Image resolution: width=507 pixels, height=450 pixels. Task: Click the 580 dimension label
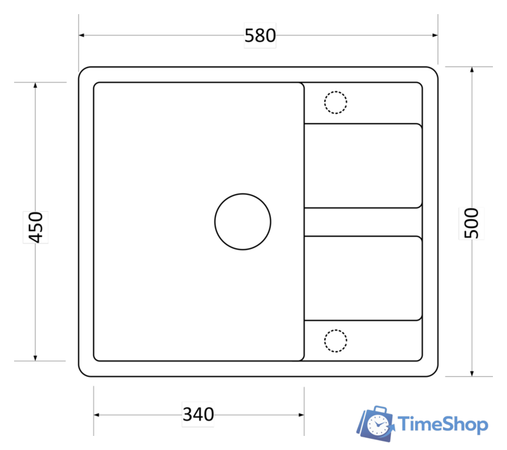[260, 36]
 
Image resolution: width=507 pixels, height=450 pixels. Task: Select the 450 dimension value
[36, 227]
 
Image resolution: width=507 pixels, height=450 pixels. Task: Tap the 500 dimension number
[471, 223]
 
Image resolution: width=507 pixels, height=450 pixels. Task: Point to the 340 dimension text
[198, 414]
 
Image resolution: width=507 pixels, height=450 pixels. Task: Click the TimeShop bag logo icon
[376, 424]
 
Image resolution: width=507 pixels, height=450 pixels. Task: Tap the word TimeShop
[443, 424]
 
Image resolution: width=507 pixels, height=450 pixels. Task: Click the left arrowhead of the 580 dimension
[82, 35]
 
